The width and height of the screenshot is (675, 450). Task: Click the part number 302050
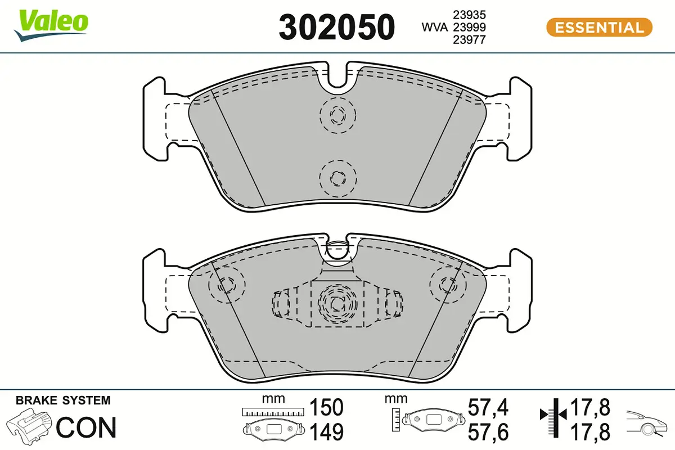pyautogui.click(x=337, y=26)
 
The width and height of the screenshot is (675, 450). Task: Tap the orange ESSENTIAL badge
pyautogui.click(x=599, y=27)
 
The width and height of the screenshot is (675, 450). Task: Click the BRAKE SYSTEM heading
pyautogui.click(x=63, y=400)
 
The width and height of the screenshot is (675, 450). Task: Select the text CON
pyautogui.click(x=87, y=427)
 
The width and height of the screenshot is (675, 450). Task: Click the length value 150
pyautogui.click(x=326, y=407)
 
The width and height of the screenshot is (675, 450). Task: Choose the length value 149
pyautogui.click(x=326, y=432)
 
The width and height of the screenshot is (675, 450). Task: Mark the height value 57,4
pyautogui.click(x=488, y=407)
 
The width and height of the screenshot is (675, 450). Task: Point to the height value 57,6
pyautogui.click(x=488, y=432)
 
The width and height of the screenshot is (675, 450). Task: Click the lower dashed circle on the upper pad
pyautogui.click(x=337, y=177)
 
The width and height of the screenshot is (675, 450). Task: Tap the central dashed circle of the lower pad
pyautogui.click(x=337, y=304)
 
